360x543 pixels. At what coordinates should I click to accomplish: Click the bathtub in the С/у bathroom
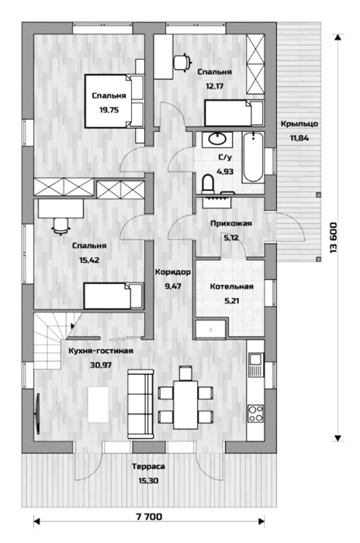coord(253,157)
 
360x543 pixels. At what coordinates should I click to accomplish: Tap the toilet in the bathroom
coord(208,184)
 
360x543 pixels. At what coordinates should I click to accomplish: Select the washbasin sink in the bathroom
coord(217,139)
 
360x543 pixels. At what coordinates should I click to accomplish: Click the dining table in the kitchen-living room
coord(185,404)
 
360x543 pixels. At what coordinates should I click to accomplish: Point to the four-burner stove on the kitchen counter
coord(255,413)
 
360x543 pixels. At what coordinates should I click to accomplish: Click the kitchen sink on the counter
coord(256,365)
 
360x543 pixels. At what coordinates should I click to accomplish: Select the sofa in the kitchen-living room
coord(140,404)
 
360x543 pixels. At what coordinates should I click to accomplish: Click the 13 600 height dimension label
coord(334,237)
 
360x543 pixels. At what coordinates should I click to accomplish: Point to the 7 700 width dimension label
coord(149,517)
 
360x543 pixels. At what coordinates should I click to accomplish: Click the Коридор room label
coord(172,271)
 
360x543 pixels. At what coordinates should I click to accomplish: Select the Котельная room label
coord(231,286)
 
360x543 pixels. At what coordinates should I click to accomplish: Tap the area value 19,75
coord(109,110)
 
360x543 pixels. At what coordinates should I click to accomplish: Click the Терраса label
coord(148,466)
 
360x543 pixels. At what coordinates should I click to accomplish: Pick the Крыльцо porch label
coord(299,123)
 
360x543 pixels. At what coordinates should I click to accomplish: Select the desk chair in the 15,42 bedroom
coord(61,227)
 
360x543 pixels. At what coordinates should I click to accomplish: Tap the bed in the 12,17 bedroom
coord(234,113)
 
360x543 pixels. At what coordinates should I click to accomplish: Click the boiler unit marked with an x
coord(211,330)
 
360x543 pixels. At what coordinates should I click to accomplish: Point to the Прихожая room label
coord(231,223)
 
